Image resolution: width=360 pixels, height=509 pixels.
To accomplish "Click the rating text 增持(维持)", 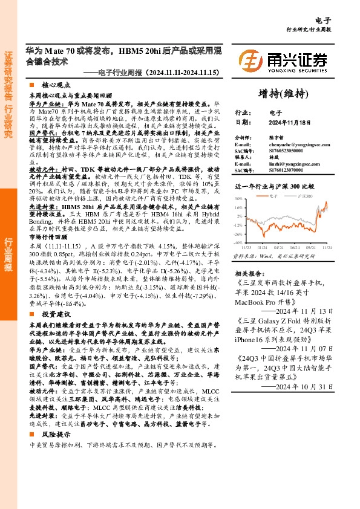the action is click(x=283, y=93).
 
